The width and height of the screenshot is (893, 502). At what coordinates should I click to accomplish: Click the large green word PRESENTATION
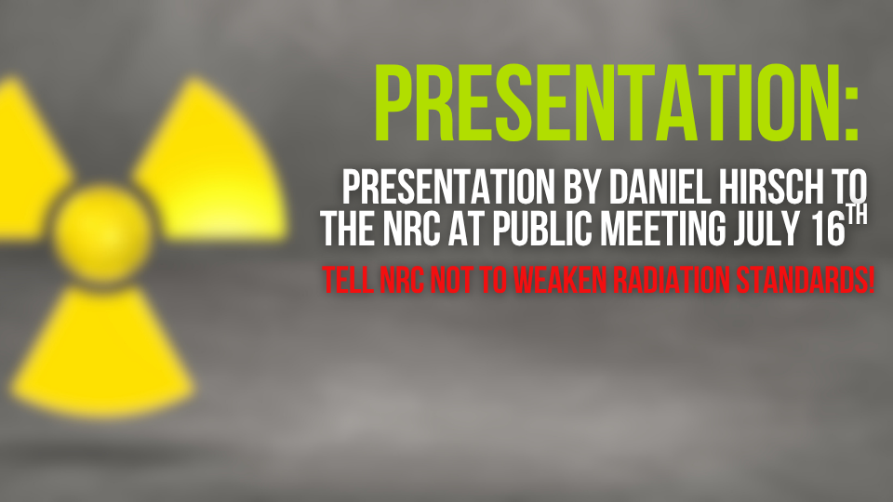(x=607, y=102)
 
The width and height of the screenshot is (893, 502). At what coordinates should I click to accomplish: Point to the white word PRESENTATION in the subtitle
(x=448, y=187)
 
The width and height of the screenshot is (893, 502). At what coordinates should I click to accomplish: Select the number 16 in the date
(x=828, y=229)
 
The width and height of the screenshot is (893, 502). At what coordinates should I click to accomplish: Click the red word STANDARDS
(x=799, y=280)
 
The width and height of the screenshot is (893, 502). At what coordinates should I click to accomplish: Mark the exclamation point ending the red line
(x=870, y=280)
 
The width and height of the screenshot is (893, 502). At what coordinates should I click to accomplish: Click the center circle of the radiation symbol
(x=102, y=233)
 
